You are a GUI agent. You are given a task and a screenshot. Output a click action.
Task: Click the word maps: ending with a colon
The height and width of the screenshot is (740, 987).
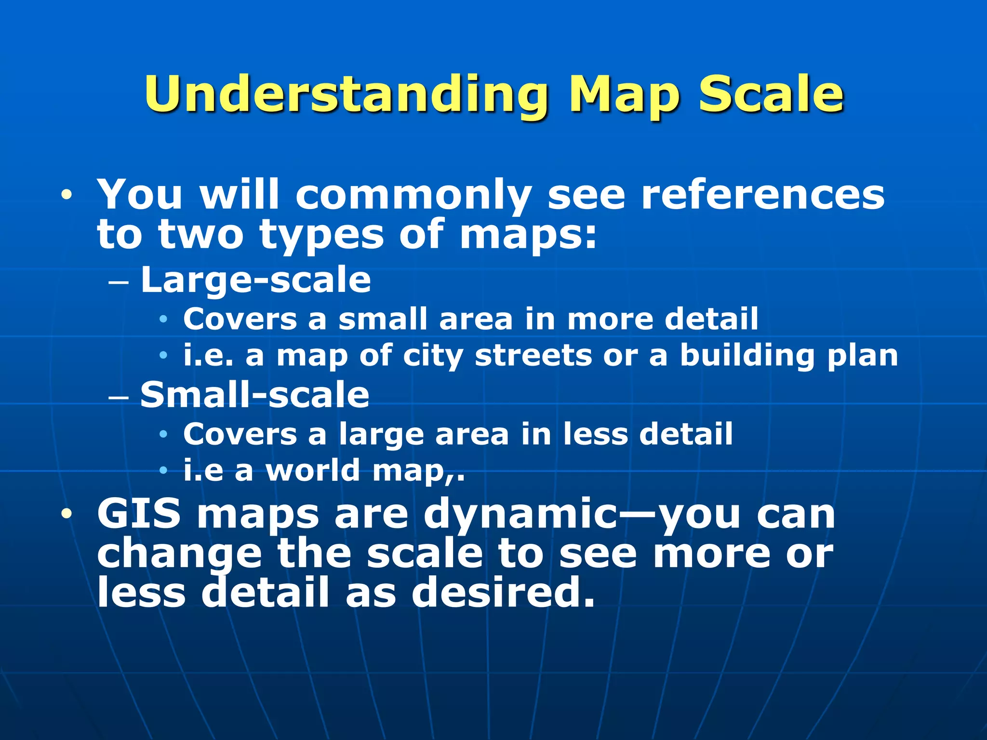tap(528, 236)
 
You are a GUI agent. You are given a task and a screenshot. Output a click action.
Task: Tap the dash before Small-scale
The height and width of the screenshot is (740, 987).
tap(119, 397)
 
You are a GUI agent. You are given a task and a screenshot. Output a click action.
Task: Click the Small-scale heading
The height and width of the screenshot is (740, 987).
tap(254, 395)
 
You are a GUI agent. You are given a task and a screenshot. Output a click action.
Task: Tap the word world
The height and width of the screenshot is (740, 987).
tap(313, 470)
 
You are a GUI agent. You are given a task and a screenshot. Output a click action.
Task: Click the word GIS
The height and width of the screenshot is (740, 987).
tap(139, 514)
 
